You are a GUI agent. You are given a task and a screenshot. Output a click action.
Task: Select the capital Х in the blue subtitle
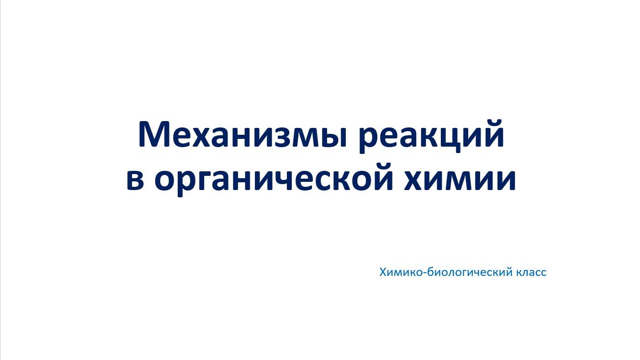click(x=383, y=272)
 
